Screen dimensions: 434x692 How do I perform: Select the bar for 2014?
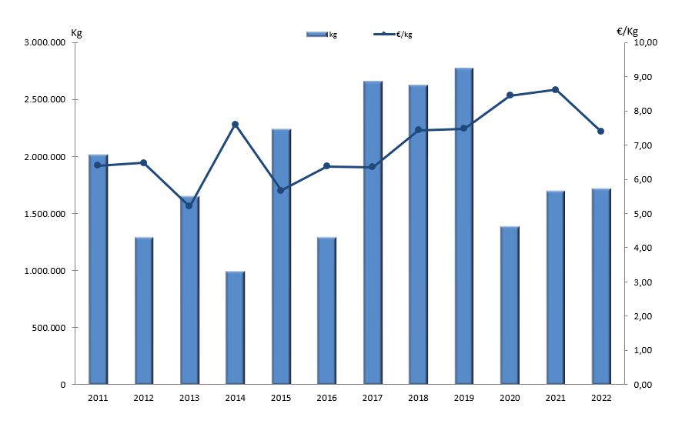pos(236,328)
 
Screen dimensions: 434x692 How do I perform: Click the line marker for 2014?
pos(236,124)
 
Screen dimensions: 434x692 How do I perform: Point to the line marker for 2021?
pos(555,89)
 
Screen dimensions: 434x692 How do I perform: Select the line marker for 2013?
pos(189,205)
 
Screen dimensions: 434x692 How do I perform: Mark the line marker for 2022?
pos(600,131)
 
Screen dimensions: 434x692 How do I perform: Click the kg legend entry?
pos(322,34)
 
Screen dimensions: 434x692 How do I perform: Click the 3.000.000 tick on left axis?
pos(45,42)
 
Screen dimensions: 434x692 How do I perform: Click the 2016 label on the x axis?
pos(326,398)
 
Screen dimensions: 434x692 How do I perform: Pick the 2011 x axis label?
pos(98,398)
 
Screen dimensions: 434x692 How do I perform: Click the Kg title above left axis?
pos(76,32)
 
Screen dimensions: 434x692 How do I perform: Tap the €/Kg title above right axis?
pos(627,31)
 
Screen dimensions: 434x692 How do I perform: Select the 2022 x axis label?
pos(600,398)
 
